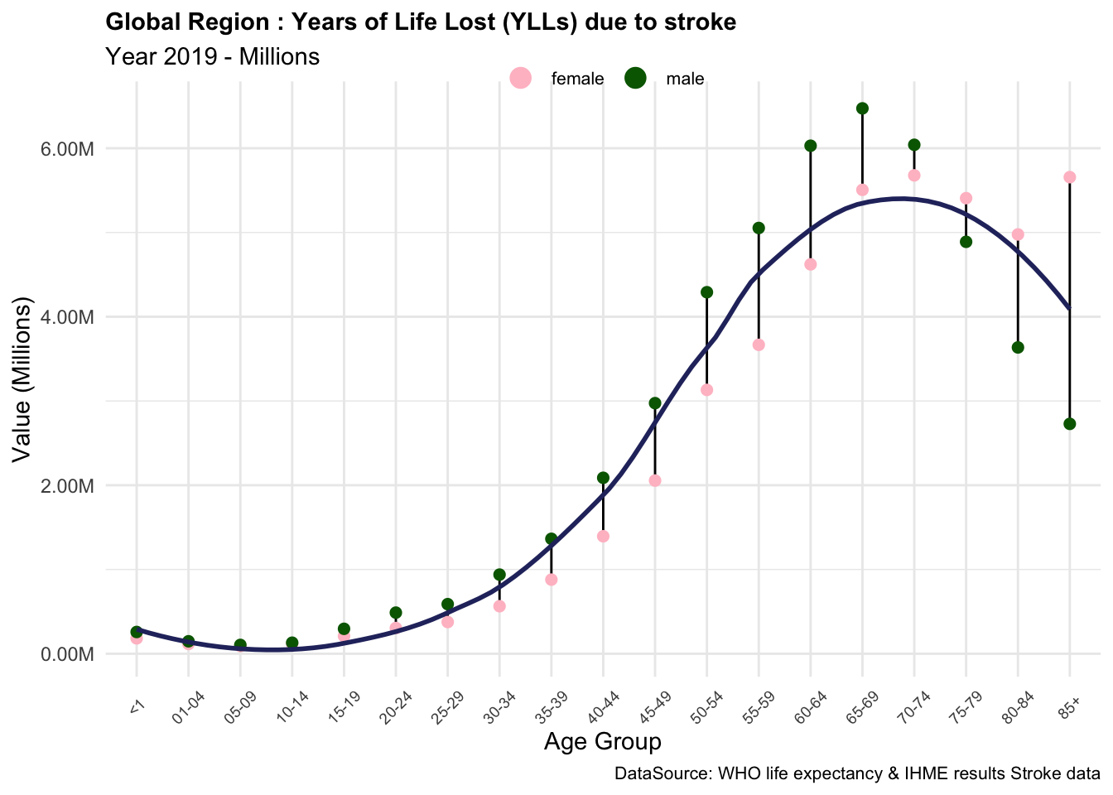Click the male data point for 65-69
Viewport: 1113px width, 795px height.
coord(862,108)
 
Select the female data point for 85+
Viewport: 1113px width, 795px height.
coord(1069,177)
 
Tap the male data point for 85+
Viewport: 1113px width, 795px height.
coord(1069,424)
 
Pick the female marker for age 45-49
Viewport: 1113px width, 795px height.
coord(655,480)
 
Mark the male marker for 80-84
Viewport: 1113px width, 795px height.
coord(1018,347)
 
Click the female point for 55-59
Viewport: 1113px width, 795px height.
coord(759,344)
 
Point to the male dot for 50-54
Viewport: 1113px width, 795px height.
coord(706,291)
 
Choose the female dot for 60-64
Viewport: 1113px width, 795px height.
coord(811,264)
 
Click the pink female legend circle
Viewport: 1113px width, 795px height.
coord(520,79)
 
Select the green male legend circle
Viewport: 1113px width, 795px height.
coord(635,79)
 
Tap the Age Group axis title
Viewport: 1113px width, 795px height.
coord(602,742)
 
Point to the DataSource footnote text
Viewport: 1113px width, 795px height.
coord(857,774)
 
